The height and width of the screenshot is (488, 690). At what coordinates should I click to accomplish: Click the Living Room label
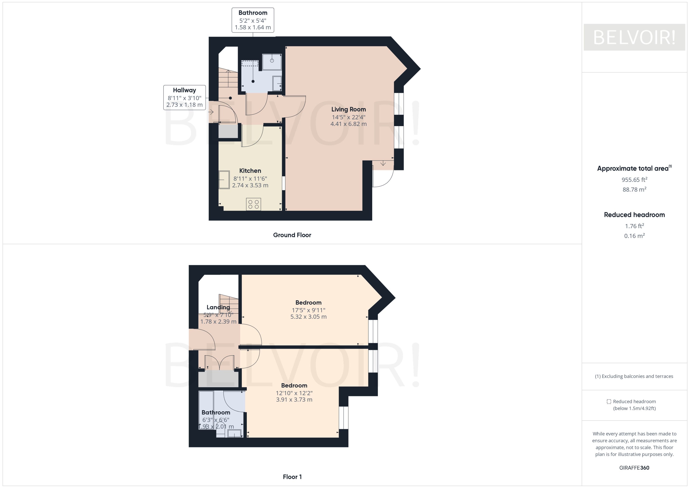click(349, 109)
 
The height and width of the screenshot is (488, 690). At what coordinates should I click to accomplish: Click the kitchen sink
click(224, 180)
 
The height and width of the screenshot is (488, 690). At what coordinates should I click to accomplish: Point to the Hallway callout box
click(184, 97)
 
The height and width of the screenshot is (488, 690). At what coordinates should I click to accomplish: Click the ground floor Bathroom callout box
click(253, 20)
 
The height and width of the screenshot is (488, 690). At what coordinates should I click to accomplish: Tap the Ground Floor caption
click(292, 235)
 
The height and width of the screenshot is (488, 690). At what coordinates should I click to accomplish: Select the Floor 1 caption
click(292, 477)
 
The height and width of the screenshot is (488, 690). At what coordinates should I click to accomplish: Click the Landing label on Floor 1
click(218, 307)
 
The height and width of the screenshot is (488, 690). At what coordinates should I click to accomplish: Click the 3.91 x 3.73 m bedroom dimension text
click(294, 400)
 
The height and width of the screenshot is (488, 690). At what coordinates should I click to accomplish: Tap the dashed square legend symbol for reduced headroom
click(609, 402)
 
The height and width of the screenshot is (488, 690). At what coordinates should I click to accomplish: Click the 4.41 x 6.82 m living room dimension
click(349, 124)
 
